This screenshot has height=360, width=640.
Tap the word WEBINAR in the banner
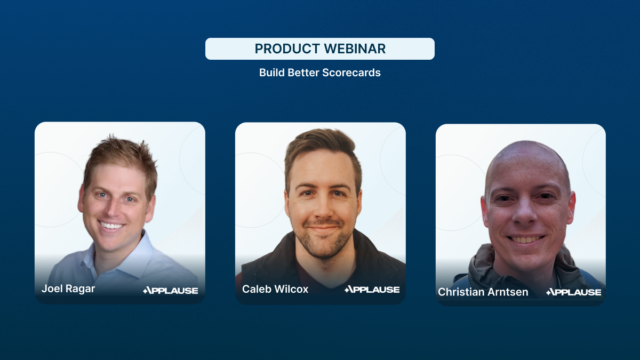coord(355,49)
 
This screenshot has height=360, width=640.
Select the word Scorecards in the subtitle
coord(351,73)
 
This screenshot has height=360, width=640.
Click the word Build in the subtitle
coord(272,73)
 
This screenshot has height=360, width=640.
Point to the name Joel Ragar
coord(68,289)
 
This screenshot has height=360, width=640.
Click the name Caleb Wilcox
coord(275,289)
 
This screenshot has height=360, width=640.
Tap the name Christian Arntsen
coord(483,292)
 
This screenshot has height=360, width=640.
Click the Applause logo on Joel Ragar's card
coord(171,291)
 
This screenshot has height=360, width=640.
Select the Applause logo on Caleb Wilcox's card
coord(372,290)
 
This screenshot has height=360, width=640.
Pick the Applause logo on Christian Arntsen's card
coord(574,292)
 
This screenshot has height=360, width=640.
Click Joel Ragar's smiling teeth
coord(111,226)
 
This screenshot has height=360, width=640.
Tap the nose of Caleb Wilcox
coord(322,209)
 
